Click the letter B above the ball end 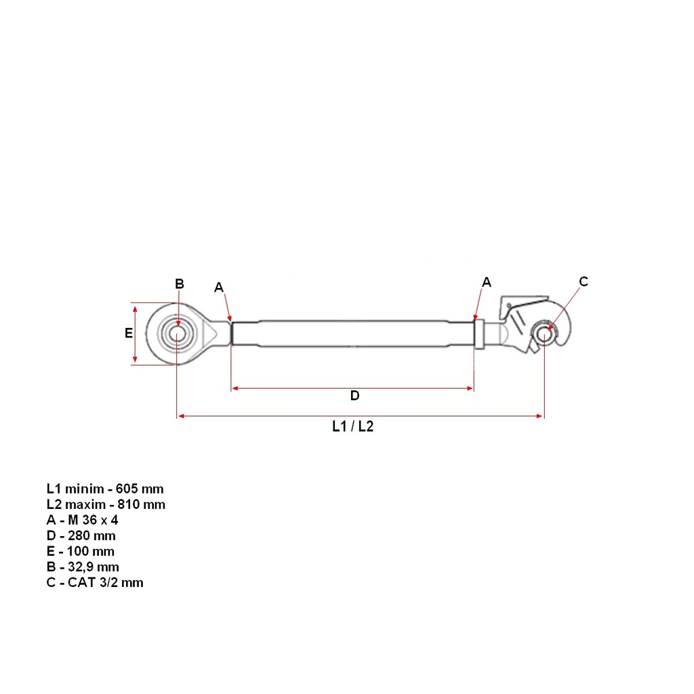(179, 284)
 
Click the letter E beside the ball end (128, 333)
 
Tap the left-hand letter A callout (219, 287)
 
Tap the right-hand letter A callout (487, 282)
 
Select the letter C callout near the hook (584, 281)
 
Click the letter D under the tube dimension (354, 396)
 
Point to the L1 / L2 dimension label (352, 426)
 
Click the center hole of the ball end (177, 334)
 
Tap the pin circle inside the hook (544, 335)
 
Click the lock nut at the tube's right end (479, 334)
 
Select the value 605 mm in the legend (140, 489)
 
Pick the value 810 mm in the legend (141, 504)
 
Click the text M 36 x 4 (93, 520)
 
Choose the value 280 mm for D (91, 536)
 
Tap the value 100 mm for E (91, 552)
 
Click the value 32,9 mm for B (94, 567)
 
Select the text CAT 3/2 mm (105, 582)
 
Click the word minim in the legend (85, 489)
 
